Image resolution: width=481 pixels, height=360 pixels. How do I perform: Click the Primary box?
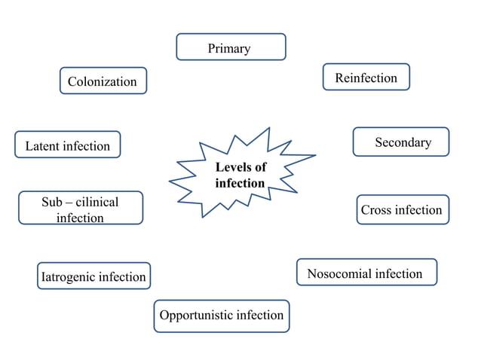[231, 47]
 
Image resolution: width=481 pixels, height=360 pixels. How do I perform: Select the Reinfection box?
[366, 78]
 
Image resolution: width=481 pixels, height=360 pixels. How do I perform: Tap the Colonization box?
[103, 81]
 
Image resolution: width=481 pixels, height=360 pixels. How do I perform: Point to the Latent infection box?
[68, 145]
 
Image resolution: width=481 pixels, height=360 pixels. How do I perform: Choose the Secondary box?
[401, 142]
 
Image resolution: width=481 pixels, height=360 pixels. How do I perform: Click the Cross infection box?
[402, 209]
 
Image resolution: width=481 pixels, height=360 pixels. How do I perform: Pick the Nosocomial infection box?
[366, 273]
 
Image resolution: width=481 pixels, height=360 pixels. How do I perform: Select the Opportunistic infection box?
[222, 316]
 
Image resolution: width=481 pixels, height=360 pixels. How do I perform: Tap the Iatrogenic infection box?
[93, 276]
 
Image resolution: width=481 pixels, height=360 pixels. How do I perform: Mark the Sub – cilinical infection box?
[81, 209]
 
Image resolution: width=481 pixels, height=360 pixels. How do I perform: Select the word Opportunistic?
[196, 315]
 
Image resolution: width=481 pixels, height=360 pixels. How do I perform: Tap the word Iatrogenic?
[69, 277]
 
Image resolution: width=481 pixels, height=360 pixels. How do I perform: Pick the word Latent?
[42, 145]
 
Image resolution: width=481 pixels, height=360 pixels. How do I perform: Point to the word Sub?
[52, 202]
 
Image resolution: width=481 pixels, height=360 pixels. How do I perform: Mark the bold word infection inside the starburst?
[240, 183]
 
